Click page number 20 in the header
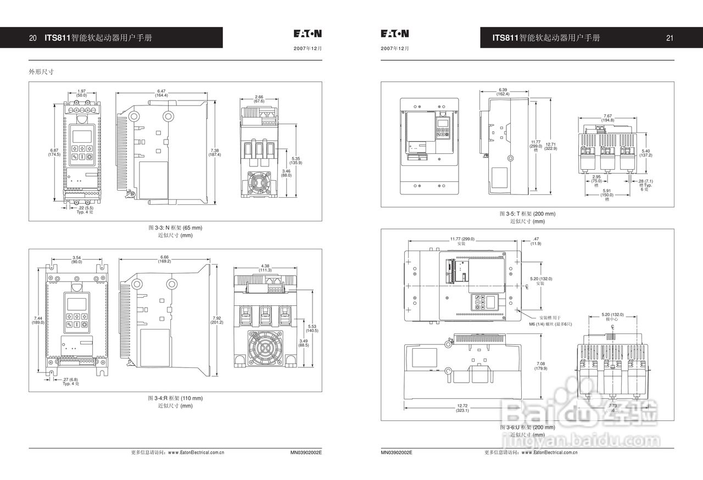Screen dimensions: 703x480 point(33,38)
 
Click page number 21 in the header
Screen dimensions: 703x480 point(669,38)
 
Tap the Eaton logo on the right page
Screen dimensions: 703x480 point(395,34)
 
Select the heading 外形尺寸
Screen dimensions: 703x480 point(41,71)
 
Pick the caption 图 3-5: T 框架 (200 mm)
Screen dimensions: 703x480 point(527,214)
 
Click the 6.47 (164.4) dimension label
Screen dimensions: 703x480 point(161,93)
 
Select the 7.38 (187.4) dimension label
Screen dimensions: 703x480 point(214,153)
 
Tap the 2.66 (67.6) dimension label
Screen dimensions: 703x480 point(259,99)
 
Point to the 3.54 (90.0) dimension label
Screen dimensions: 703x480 point(77,259)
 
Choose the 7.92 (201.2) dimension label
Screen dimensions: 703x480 point(217,320)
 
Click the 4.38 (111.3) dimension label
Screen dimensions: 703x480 point(265,268)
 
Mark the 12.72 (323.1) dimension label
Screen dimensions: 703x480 point(462,408)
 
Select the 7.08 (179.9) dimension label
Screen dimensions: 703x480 point(541,366)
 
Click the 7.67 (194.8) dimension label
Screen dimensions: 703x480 point(607,118)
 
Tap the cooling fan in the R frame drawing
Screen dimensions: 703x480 point(265,348)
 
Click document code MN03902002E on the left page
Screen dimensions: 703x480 point(306,453)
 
